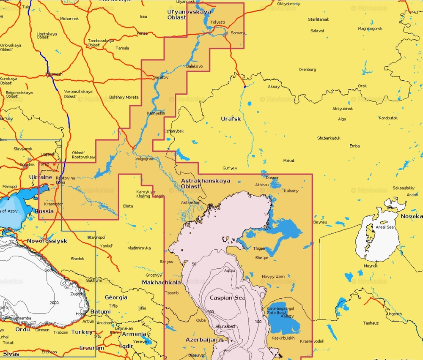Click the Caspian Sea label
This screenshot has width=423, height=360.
228,297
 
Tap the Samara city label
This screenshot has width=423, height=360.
237,33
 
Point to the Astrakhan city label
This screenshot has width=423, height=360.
190,202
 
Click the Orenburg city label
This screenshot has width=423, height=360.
307,69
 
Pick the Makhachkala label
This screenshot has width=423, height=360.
162,282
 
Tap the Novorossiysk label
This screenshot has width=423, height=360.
47,241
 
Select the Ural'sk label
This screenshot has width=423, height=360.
231,119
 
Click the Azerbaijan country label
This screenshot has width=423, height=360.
201,340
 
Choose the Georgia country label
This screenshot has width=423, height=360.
116,297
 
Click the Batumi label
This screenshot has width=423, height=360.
100,312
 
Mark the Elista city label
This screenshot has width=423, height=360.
128,206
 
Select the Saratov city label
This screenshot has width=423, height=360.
160,78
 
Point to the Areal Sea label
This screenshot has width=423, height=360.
385,227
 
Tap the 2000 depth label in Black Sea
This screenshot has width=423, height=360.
54,303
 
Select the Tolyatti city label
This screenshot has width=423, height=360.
217,22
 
